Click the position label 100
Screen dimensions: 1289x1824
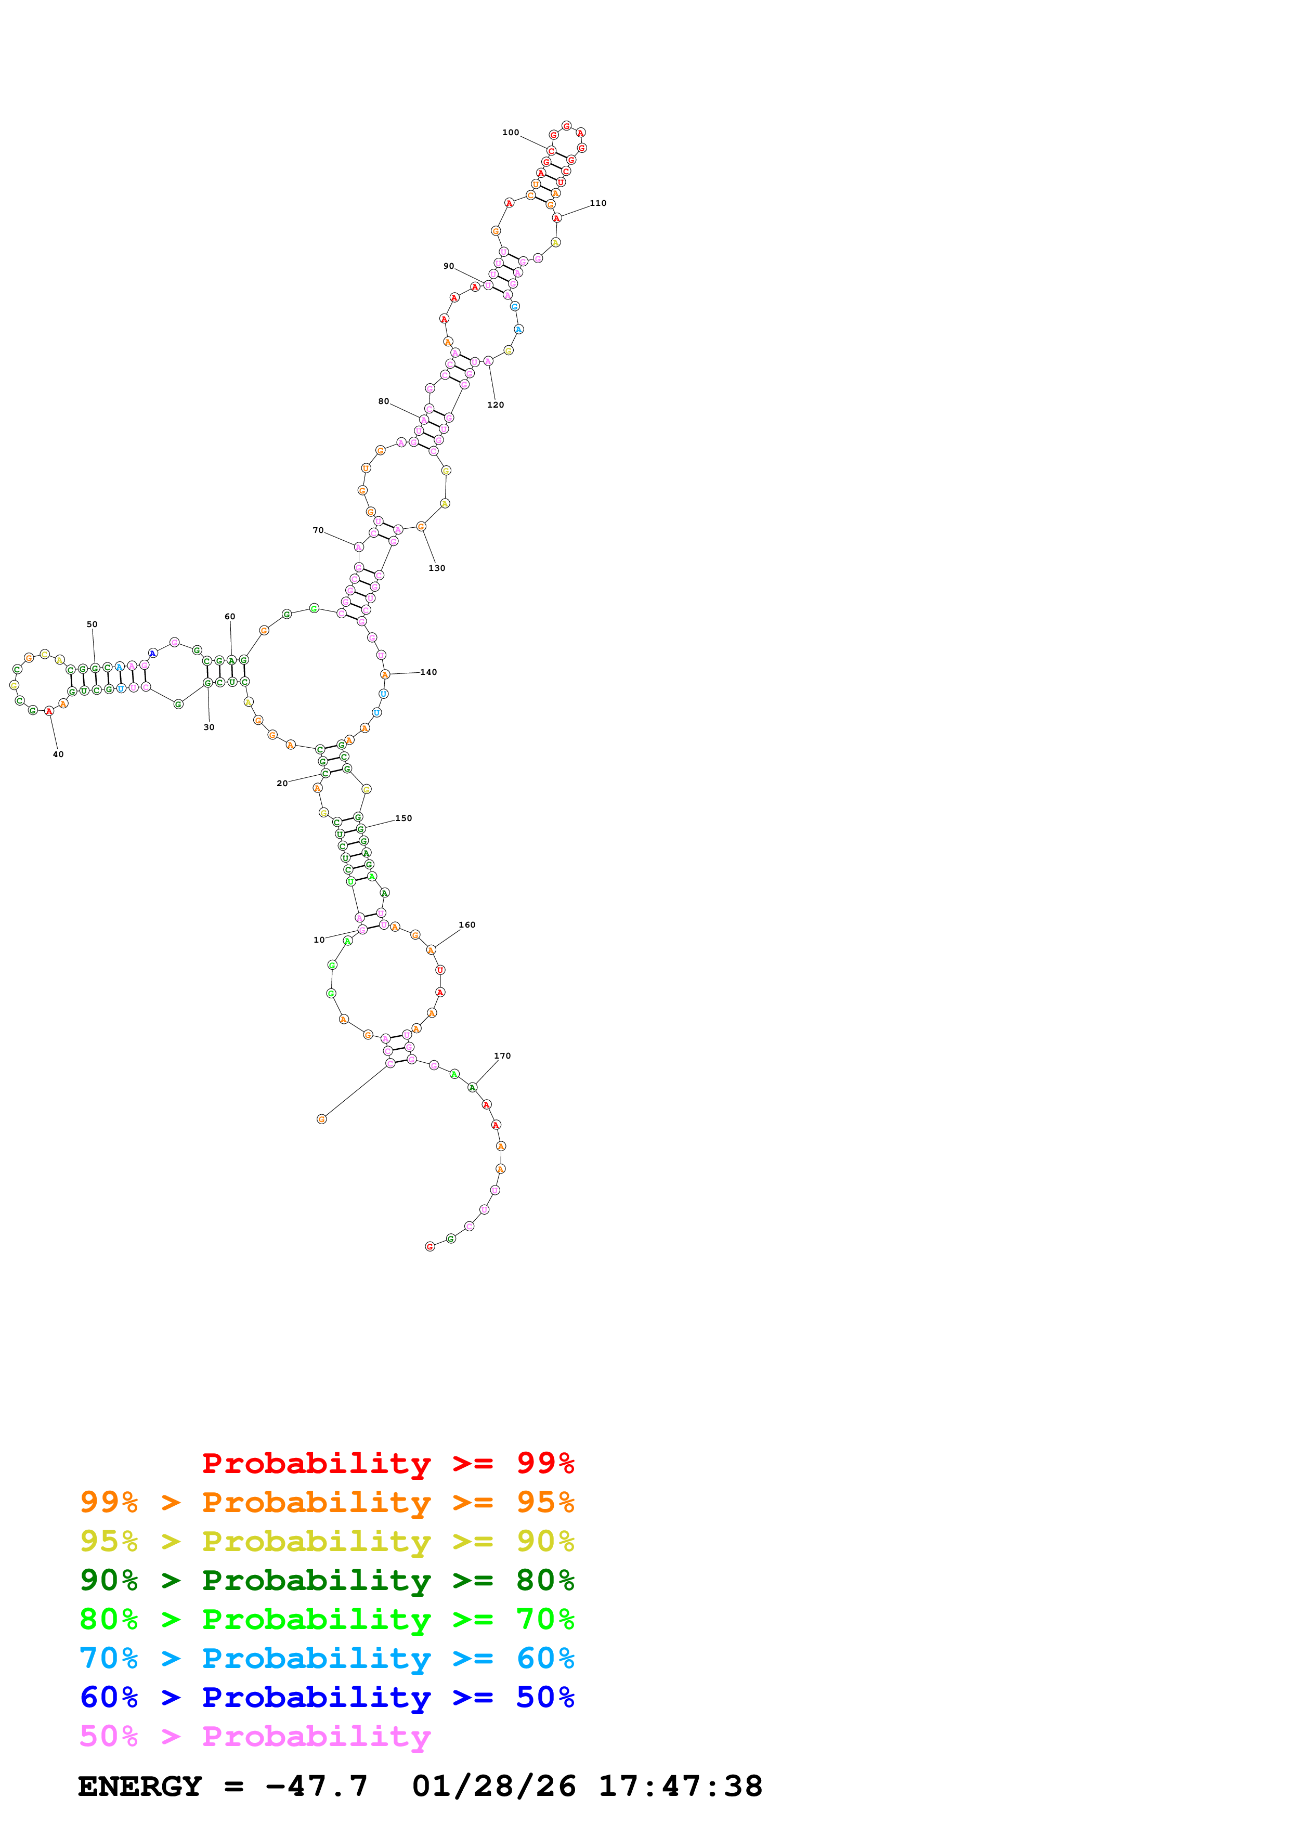510,133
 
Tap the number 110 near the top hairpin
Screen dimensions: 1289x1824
598,203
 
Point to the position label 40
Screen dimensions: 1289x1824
58,754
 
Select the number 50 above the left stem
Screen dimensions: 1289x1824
92,624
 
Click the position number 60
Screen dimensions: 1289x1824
229,617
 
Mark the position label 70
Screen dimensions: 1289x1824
318,530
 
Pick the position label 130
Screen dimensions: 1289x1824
437,568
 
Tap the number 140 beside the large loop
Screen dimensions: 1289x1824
429,672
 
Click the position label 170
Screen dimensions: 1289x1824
503,1056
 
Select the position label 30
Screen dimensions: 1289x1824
209,727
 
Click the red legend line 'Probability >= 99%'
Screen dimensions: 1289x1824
387,1463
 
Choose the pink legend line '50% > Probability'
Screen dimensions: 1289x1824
255,1736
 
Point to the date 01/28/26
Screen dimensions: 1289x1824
494,1786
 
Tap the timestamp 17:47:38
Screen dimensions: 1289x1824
680,1786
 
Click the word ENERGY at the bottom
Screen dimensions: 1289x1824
140,1786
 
